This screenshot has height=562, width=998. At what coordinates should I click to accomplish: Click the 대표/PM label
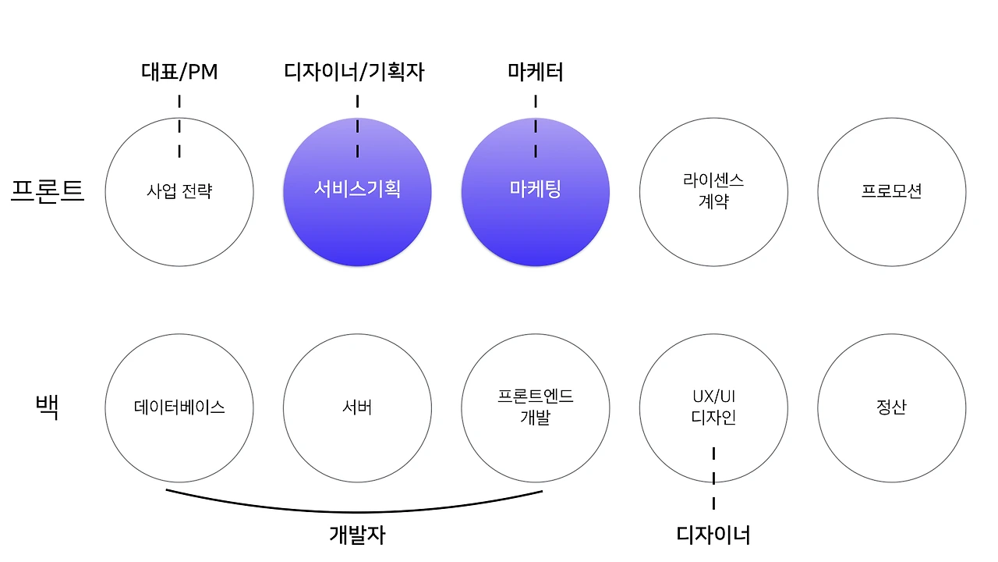coord(179,73)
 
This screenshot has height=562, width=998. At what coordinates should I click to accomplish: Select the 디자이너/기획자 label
coord(355,73)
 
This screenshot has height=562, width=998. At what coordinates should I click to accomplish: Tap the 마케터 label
coord(536,73)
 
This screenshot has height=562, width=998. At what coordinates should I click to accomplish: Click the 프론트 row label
coord(48,190)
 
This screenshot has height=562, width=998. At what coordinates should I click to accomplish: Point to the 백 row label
coord(48,407)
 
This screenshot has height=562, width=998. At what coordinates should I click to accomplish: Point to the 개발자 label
coord(357,535)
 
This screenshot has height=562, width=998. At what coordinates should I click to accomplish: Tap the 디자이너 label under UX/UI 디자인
coord(713,535)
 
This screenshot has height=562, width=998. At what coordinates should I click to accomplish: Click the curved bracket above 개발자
coord(355,510)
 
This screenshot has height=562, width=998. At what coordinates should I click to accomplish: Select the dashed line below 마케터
coord(536,126)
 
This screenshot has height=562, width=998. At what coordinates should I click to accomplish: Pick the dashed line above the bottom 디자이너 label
coord(713,478)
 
